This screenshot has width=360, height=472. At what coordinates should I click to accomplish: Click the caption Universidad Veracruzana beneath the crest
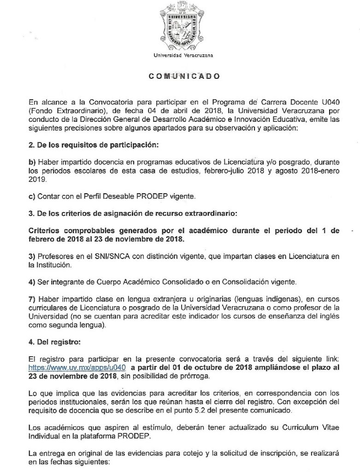[x=180, y=56]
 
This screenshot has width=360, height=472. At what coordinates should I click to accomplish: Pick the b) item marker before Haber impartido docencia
[x=32, y=162]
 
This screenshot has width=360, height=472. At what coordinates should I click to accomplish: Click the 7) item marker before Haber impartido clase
[x=32, y=298]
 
